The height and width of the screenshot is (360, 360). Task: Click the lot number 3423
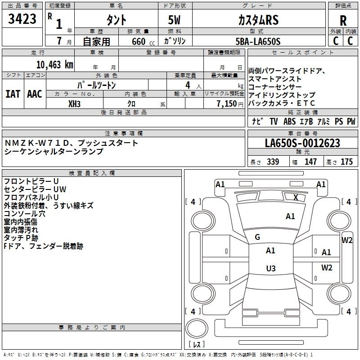pos(22,19)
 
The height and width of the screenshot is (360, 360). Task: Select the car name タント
pos(116,20)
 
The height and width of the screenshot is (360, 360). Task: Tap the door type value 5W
pos(174,20)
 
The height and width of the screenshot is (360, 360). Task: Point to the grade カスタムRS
pos(258,20)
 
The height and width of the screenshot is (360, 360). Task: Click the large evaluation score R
pos(343,21)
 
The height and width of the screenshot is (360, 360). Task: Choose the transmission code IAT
pos(12,94)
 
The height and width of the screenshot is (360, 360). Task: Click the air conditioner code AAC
pos(35,94)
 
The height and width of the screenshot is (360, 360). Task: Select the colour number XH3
pos(75,103)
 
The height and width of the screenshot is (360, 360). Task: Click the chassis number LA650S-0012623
pos(302,143)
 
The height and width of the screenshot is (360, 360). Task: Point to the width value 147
pos(310,162)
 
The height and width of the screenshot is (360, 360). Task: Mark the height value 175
pos(347,162)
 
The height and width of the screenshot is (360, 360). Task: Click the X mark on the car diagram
pos(296,197)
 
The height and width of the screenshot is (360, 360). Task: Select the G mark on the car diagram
pos(257,237)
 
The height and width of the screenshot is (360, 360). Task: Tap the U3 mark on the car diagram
pos(270,269)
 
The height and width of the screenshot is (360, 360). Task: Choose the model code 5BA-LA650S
pos(258,41)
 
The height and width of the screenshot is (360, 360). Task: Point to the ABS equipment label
pos(289,121)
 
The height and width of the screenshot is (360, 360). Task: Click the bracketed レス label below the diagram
pos(196,345)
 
